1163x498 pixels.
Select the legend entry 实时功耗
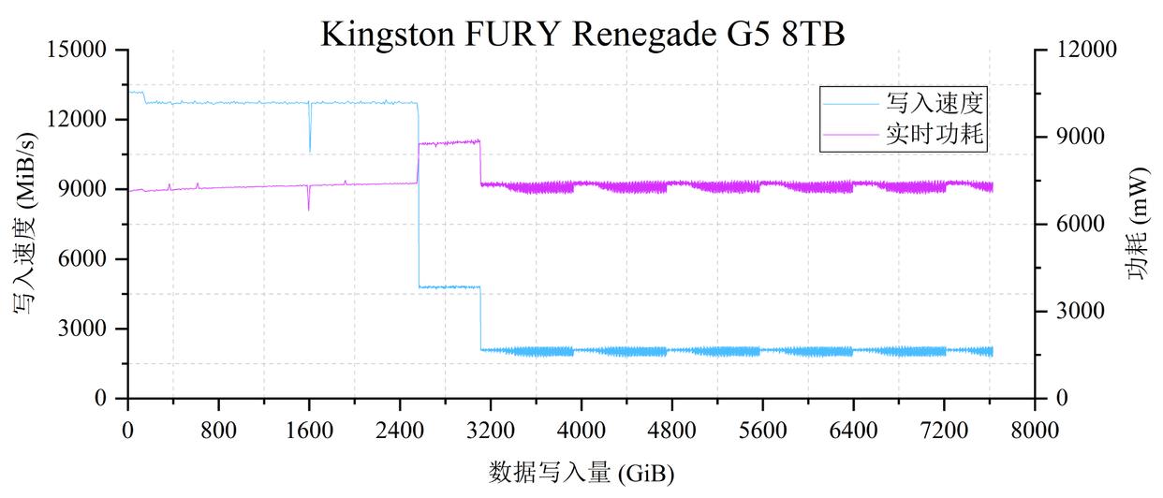937,134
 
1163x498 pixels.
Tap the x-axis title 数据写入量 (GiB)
581,472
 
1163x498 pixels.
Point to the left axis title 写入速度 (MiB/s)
25,225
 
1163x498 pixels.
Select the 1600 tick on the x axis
309,432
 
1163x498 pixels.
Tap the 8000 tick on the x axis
1035,432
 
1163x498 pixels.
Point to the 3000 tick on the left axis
85,329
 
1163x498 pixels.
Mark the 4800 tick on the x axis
671,432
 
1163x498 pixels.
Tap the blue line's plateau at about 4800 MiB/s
449,286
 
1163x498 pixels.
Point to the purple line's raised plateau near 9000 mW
449,142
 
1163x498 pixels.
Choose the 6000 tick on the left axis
85,259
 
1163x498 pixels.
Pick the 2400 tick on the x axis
400,432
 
